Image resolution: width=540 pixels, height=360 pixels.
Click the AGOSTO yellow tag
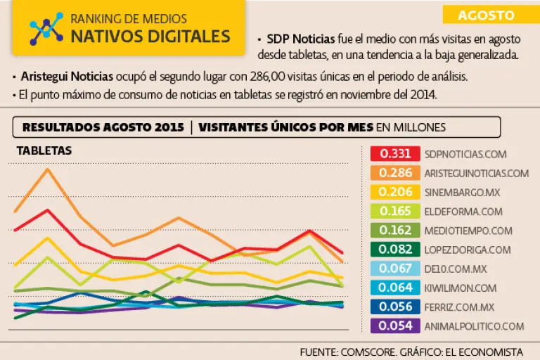487,15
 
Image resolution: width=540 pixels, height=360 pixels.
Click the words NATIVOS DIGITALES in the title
150,36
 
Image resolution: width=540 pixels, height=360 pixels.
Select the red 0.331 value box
394,153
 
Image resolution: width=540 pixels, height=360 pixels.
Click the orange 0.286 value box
394,172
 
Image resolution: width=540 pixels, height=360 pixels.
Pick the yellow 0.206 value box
394,191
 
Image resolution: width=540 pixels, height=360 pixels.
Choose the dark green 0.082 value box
394,249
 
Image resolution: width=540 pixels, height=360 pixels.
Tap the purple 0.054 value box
394,326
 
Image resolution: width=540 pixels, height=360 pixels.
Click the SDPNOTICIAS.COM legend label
465,153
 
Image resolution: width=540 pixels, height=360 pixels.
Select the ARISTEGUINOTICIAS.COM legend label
476,172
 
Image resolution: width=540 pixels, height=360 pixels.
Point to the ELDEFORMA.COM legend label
463,211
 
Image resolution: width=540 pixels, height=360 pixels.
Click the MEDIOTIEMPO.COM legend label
468,230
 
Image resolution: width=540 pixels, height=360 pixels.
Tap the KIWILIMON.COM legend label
461,288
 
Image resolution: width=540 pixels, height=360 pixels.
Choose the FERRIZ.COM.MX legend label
459,307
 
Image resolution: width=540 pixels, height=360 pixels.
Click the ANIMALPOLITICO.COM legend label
475,326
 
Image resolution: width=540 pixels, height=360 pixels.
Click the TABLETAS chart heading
44,150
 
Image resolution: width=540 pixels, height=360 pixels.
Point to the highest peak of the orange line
48,169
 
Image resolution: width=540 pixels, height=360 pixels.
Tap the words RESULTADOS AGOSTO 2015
103,127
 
